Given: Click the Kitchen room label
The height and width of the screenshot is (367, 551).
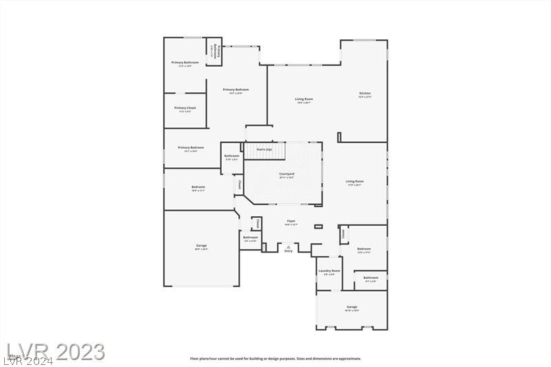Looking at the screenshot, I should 365,93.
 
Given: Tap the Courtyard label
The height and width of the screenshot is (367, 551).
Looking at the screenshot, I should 287,174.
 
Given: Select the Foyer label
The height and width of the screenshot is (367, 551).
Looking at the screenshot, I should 291,220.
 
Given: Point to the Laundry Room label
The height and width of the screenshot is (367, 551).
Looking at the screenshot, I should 329,271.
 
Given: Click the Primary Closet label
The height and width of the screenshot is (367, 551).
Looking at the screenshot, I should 185,108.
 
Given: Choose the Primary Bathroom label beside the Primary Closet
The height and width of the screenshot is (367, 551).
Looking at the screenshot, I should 185,63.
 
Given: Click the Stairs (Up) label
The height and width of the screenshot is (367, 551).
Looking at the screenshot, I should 264,149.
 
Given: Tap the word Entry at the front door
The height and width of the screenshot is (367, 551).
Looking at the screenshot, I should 289,251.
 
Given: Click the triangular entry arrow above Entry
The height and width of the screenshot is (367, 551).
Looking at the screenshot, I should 289,246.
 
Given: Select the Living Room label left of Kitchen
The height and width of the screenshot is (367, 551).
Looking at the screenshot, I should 304,99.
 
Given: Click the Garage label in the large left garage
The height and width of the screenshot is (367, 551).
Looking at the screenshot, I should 201,245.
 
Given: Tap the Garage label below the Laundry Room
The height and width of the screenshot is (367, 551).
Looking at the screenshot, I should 351,306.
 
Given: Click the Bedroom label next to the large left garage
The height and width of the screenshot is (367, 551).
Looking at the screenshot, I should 198,187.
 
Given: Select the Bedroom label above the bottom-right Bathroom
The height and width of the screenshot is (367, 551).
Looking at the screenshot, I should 364,249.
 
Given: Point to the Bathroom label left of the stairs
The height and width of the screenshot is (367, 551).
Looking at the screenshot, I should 232,156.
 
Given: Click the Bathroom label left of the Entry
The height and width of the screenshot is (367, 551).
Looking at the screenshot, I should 250,238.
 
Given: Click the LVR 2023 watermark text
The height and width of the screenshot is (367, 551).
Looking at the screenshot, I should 54,352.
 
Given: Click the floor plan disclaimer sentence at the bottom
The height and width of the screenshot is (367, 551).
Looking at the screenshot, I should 275,358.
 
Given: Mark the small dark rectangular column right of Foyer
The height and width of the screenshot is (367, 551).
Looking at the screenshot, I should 318,227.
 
